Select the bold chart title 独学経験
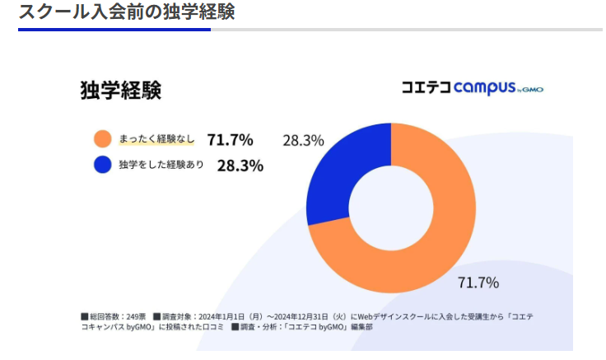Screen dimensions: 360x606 pos(120,90)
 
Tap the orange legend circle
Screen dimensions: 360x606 pos(103,138)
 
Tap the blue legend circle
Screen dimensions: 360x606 pos(103,165)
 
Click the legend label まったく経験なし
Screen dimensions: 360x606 pos(156,139)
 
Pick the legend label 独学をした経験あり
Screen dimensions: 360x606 pos(161,166)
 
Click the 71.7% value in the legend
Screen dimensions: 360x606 pos(230,139)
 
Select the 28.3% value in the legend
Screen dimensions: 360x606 pos(240,166)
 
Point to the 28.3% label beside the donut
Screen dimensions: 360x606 pos(303,140)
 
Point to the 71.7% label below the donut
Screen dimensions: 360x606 pos(478,283)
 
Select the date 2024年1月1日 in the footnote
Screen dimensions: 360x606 pos(230,316)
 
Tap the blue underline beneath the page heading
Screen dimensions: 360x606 pos(114,30)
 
